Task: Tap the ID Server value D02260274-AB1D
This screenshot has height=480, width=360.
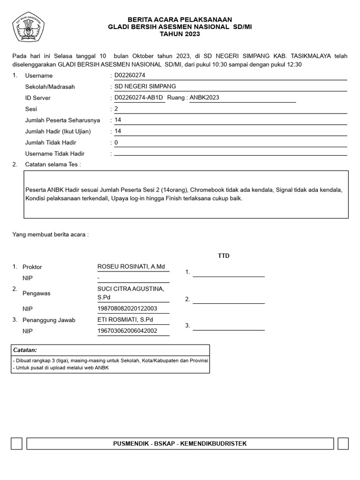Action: pyautogui.click(x=138, y=98)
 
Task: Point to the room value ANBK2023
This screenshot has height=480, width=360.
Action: pyautogui.click(x=204, y=98)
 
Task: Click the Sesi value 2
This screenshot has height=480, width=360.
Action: pyautogui.click(x=116, y=109)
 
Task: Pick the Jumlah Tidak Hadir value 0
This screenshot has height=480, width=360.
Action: pyautogui.click(x=116, y=142)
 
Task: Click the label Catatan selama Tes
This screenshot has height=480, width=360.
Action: pyautogui.click(x=52, y=165)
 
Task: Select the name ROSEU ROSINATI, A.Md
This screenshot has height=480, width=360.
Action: pyautogui.click(x=131, y=267)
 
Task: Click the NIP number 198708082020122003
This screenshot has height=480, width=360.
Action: pyautogui.click(x=127, y=308)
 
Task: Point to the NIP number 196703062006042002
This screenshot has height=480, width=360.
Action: pyautogui.click(x=127, y=331)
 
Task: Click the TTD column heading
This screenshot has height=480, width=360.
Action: pyautogui.click(x=224, y=256)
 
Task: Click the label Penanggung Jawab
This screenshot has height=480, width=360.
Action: pyautogui.click(x=49, y=320)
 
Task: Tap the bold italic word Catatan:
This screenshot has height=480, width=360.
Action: pyautogui.click(x=25, y=350)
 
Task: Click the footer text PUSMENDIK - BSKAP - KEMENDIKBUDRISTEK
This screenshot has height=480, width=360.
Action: pyautogui.click(x=180, y=443)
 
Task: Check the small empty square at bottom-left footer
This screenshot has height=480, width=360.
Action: pyautogui.click(x=16, y=443)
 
